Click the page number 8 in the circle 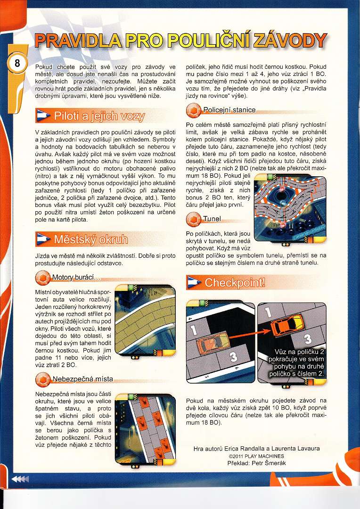coord(16,63)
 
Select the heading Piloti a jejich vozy coord(99,116)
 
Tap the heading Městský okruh coord(91,239)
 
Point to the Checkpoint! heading coord(235,282)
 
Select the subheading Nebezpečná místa coord(83,379)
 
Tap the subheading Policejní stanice coord(229,110)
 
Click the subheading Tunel coord(212,219)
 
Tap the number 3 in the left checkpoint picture coord(233,357)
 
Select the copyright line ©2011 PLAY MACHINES coord(256,456)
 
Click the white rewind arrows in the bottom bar coord(20,479)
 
